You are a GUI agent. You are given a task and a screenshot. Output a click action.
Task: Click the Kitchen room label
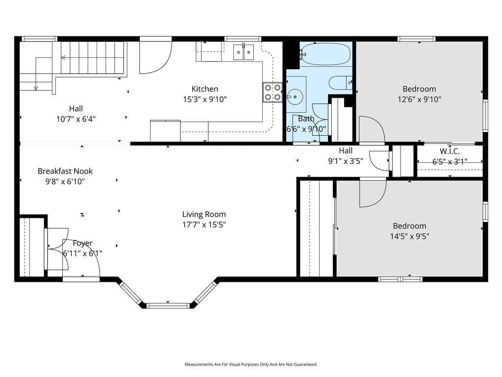point(204,89)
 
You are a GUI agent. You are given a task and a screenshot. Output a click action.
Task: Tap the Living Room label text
point(204,214)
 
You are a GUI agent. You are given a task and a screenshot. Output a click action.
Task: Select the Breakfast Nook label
point(65,171)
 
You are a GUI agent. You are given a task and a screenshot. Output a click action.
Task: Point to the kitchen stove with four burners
point(273,92)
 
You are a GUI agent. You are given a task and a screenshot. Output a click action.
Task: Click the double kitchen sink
point(244,52)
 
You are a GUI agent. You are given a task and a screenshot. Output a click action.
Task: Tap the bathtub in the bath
point(325,54)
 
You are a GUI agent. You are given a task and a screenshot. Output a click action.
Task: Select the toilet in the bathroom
point(341,82)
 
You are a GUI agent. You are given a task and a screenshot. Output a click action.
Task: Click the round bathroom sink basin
point(295,96)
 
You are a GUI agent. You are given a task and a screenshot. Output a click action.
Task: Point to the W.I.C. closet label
point(450,151)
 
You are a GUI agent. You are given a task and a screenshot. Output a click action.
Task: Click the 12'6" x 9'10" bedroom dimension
point(419,99)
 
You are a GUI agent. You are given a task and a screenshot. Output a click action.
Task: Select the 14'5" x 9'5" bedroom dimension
point(409,236)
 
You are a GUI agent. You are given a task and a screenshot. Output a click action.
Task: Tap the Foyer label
point(82,243)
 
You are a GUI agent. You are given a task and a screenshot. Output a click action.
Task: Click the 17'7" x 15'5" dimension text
point(204,224)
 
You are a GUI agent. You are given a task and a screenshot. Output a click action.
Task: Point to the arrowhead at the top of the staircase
point(63,58)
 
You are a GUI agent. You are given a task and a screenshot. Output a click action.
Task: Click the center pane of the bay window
point(169,305)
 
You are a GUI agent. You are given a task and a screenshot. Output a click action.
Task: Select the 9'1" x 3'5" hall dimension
point(346,161)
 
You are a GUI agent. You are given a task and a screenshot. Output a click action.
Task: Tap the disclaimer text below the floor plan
point(251,364)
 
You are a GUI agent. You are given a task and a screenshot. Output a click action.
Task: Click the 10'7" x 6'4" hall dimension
point(76,119)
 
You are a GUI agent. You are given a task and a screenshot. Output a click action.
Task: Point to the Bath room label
point(306,119)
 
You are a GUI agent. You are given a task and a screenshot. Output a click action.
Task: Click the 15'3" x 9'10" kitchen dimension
point(204,99)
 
